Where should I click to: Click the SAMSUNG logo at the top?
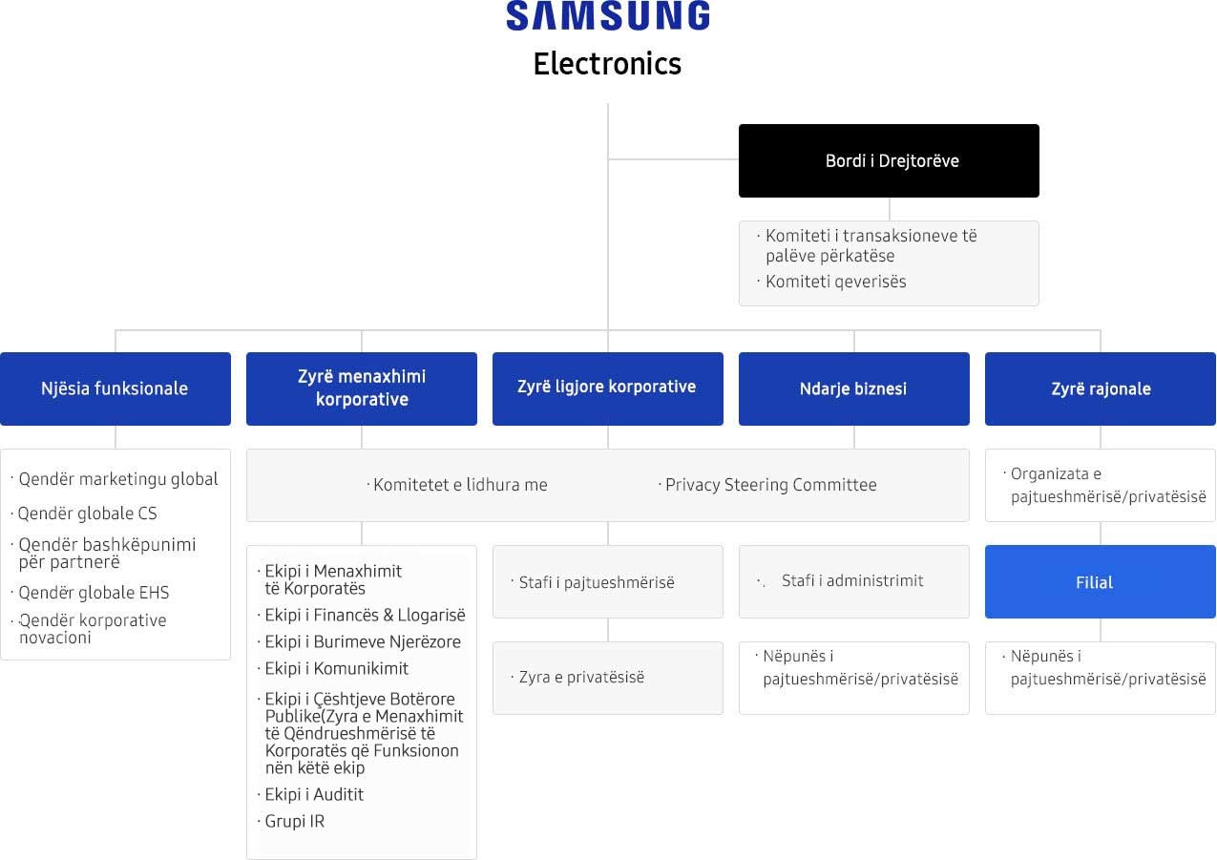click(608, 15)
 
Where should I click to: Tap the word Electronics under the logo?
click(607, 64)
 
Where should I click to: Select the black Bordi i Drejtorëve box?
click(889, 160)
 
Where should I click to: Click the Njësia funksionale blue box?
click(115, 388)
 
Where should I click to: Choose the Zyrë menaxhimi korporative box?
click(362, 388)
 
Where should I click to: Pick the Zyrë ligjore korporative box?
click(608, 388)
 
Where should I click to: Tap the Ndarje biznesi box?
click(854, 388)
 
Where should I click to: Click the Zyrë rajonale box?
click(1101, 388)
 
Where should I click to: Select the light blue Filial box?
click(1101, 582)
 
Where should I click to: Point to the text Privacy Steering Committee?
click(771, 485)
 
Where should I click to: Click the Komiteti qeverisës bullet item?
click(835, 282)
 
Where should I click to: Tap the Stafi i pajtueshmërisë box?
click(608, 582)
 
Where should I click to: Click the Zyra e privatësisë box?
click(608, 678)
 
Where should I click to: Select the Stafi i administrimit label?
click(852, 580)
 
